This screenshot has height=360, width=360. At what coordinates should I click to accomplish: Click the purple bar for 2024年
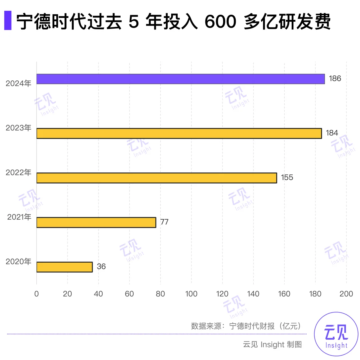coord(180,79)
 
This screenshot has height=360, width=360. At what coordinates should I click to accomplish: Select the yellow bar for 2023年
coord(179,133)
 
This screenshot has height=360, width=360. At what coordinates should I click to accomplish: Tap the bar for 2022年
coord(157,178)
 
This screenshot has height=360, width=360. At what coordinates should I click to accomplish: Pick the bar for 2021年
coord(96,222)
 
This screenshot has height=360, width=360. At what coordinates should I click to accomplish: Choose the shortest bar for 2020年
coord(64,267)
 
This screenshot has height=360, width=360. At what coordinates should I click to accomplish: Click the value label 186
coord(335,79)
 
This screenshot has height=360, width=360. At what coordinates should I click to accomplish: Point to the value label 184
coord(332,133)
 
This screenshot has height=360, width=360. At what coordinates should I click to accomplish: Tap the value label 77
coord(164,222)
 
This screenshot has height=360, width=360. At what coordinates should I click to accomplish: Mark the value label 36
coord(101,267)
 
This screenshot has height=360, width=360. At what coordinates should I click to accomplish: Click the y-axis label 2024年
coord(19,83)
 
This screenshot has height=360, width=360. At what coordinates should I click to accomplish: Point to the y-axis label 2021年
coord(19,217)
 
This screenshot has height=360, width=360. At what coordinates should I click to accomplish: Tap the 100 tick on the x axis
coord(191,294)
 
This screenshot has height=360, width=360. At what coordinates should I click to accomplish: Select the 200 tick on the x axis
coord(346,294)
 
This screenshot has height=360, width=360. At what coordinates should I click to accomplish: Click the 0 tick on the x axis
coord(37,294)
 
